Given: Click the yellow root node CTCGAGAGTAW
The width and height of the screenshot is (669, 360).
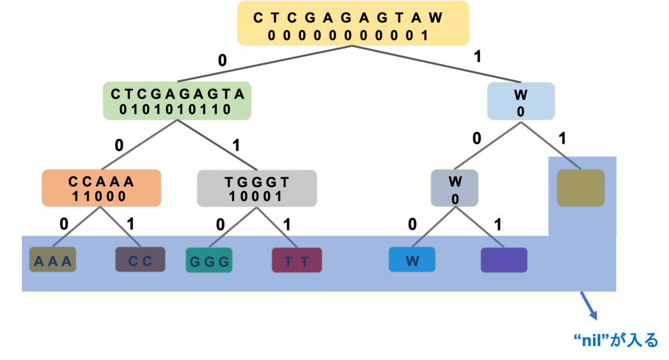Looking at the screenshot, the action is tap(353, 23).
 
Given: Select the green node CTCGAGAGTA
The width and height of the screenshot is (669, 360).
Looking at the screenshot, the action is tap(177, 101).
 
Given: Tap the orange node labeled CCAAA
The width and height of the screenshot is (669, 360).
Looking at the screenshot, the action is tap(101, 188).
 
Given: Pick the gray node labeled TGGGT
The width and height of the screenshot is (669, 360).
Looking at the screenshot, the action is tap(257, 188).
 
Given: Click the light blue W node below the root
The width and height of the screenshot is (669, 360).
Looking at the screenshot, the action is tap(521, 101).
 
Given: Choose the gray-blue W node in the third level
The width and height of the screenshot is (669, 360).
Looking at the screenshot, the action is tap(454, 188).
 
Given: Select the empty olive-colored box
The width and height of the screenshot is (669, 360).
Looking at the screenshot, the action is tap(580, 188).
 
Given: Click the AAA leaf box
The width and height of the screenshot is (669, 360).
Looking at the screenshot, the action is tap(52, 259).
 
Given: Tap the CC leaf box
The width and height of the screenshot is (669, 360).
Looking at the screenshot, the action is tap(140, 259).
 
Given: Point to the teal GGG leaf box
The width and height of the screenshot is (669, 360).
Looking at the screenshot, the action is tap(209, 260).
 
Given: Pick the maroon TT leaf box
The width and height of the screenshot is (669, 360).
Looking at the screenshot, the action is tap(297, 260).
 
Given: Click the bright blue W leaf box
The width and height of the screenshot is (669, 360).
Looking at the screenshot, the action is tap(412, 259).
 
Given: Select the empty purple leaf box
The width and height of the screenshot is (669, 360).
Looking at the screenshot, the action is tap(504, 260).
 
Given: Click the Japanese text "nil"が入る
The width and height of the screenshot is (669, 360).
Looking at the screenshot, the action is tap(616, 340).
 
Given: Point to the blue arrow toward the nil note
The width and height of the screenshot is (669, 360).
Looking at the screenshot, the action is tap(589, 306).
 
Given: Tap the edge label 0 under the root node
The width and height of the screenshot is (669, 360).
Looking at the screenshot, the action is tap(222, 61).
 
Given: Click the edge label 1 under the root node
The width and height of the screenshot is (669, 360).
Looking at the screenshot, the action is tap(477, 56).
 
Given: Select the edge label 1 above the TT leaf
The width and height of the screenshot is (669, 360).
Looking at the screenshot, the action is tap(287, 225).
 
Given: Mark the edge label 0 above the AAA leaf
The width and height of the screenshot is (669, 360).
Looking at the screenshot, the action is tap(64, 224).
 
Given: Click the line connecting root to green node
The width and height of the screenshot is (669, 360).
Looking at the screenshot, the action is tap(265, 64).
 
